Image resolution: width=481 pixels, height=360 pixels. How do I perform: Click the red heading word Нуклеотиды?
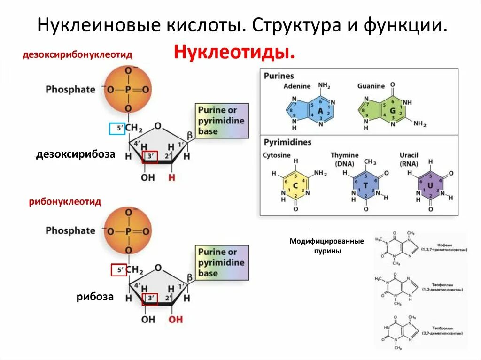click(235, 52)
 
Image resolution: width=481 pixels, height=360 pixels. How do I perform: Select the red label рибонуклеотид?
click(65, 201)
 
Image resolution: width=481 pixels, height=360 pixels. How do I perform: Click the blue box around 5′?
click(116, 128)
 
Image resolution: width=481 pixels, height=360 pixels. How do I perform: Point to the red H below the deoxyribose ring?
click(171, 178)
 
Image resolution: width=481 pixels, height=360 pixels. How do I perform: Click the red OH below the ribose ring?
click(176, 319)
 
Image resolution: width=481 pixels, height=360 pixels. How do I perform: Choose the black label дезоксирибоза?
click(76, 153)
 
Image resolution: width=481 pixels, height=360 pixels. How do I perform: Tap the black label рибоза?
click(95, 296)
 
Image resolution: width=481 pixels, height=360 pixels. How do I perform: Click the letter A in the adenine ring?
click(320, 111)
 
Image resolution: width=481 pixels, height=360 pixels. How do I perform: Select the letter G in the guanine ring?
click(392, 111)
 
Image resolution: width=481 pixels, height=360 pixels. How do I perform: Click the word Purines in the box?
click(279, 76)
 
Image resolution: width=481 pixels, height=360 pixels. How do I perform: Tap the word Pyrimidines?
click(287, 142)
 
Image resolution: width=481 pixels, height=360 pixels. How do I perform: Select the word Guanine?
click(371, 86)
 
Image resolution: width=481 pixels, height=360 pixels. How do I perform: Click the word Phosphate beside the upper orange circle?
click(70, 89)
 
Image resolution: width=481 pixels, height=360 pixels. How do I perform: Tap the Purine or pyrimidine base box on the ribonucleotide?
click(221, 262)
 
